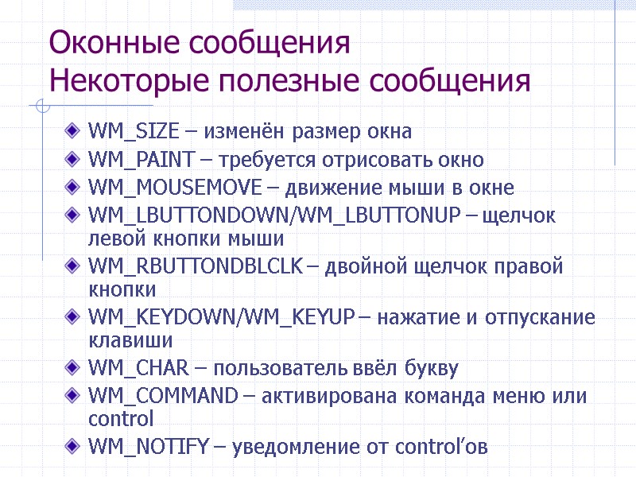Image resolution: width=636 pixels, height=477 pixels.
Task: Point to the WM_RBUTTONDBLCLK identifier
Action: (194, 266)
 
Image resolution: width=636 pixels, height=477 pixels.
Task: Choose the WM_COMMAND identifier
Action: (162, 396)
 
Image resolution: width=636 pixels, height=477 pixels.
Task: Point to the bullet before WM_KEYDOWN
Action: (74, 318)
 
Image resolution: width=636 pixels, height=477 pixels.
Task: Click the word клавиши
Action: (119, 341)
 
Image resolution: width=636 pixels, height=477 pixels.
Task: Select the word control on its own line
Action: (121, 419)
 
